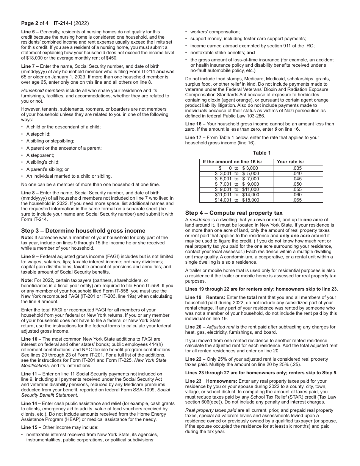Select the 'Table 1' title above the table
[x=262, y=153]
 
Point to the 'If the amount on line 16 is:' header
[x=232, y=162]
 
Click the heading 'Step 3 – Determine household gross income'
[x=83, y=231]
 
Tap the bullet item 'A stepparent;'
[x=40, y=155]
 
